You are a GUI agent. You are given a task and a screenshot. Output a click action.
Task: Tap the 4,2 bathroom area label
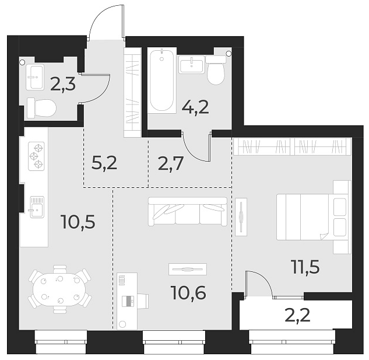coord(196,107)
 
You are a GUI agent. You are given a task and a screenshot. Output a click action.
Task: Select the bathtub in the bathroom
coord(161,81)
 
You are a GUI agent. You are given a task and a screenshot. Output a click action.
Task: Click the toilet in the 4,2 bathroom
coord(216,70)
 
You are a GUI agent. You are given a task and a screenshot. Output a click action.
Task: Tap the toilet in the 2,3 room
coord(41,107)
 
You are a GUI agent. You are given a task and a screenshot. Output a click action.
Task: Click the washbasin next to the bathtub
coord(191,64)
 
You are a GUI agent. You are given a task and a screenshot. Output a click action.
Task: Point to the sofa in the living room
coord(188,211)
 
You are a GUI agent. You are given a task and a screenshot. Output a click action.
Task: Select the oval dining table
coord(59,290)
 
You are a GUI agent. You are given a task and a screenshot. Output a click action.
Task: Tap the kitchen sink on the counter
coord(36,205)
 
